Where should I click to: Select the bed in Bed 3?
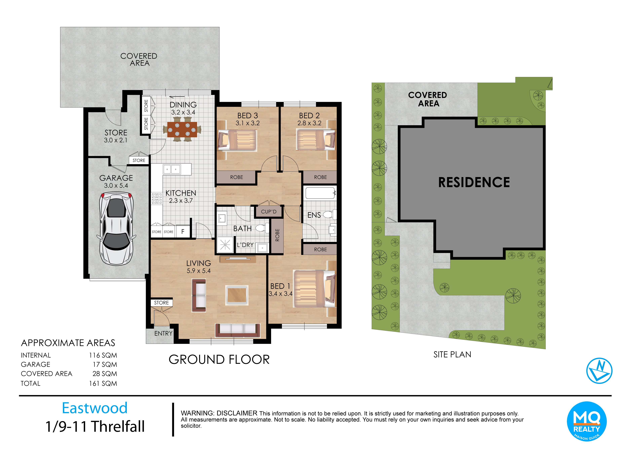[237, 140]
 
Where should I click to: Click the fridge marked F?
[183, 231]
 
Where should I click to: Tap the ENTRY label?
[163, 333]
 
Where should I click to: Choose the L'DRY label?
[245, 245]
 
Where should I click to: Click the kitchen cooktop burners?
[157, 198]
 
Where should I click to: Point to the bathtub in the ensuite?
[320, 193]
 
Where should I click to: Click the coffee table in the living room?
[237, 295]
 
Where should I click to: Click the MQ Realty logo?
[587, 421]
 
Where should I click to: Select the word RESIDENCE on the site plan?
[474, 182]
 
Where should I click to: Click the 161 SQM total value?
[103, 383]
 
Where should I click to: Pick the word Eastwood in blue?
[95, 408]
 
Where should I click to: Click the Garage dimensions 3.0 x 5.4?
[116, 186]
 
